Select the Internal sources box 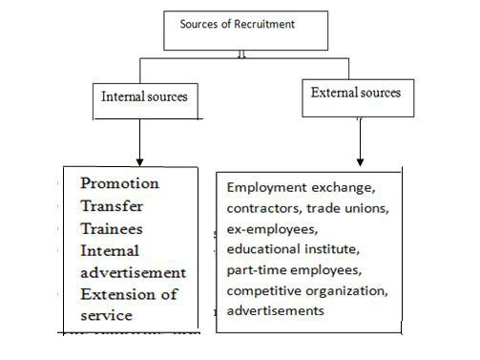pos(145,96)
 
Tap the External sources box pos(356,93)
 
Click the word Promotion pos(119,183)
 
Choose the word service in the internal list pos(106,314)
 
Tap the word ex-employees pos(266,229)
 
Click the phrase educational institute pos(290,250)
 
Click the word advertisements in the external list pos(276,311)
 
